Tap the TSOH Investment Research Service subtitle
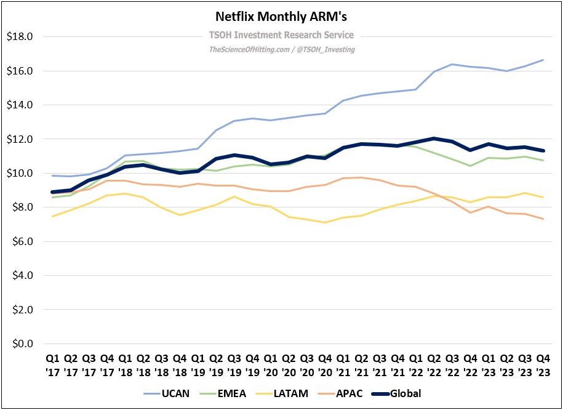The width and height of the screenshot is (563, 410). pos(281,35)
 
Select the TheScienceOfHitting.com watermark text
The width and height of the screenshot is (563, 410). pos(281,49)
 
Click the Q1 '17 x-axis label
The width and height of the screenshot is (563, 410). pos(53,366)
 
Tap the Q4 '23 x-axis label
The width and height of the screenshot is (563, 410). pos(543,366)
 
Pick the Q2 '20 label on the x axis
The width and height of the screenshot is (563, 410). pos(289,366)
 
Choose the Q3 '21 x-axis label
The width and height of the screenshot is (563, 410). pos(379,366)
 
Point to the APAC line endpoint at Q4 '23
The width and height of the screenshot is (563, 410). pos(543,219)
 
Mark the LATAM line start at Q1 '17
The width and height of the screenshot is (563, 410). pos(53,216)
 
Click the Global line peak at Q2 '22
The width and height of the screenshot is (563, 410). pos(434,139)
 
